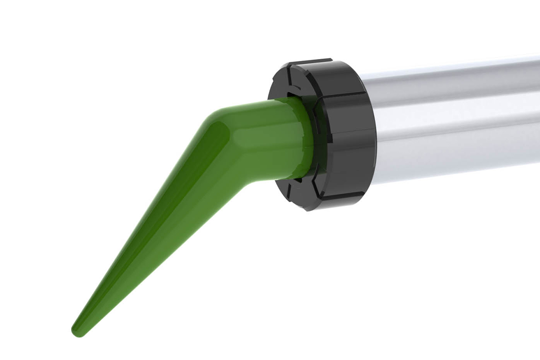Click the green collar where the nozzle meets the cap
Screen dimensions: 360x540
[x=304, y=139]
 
